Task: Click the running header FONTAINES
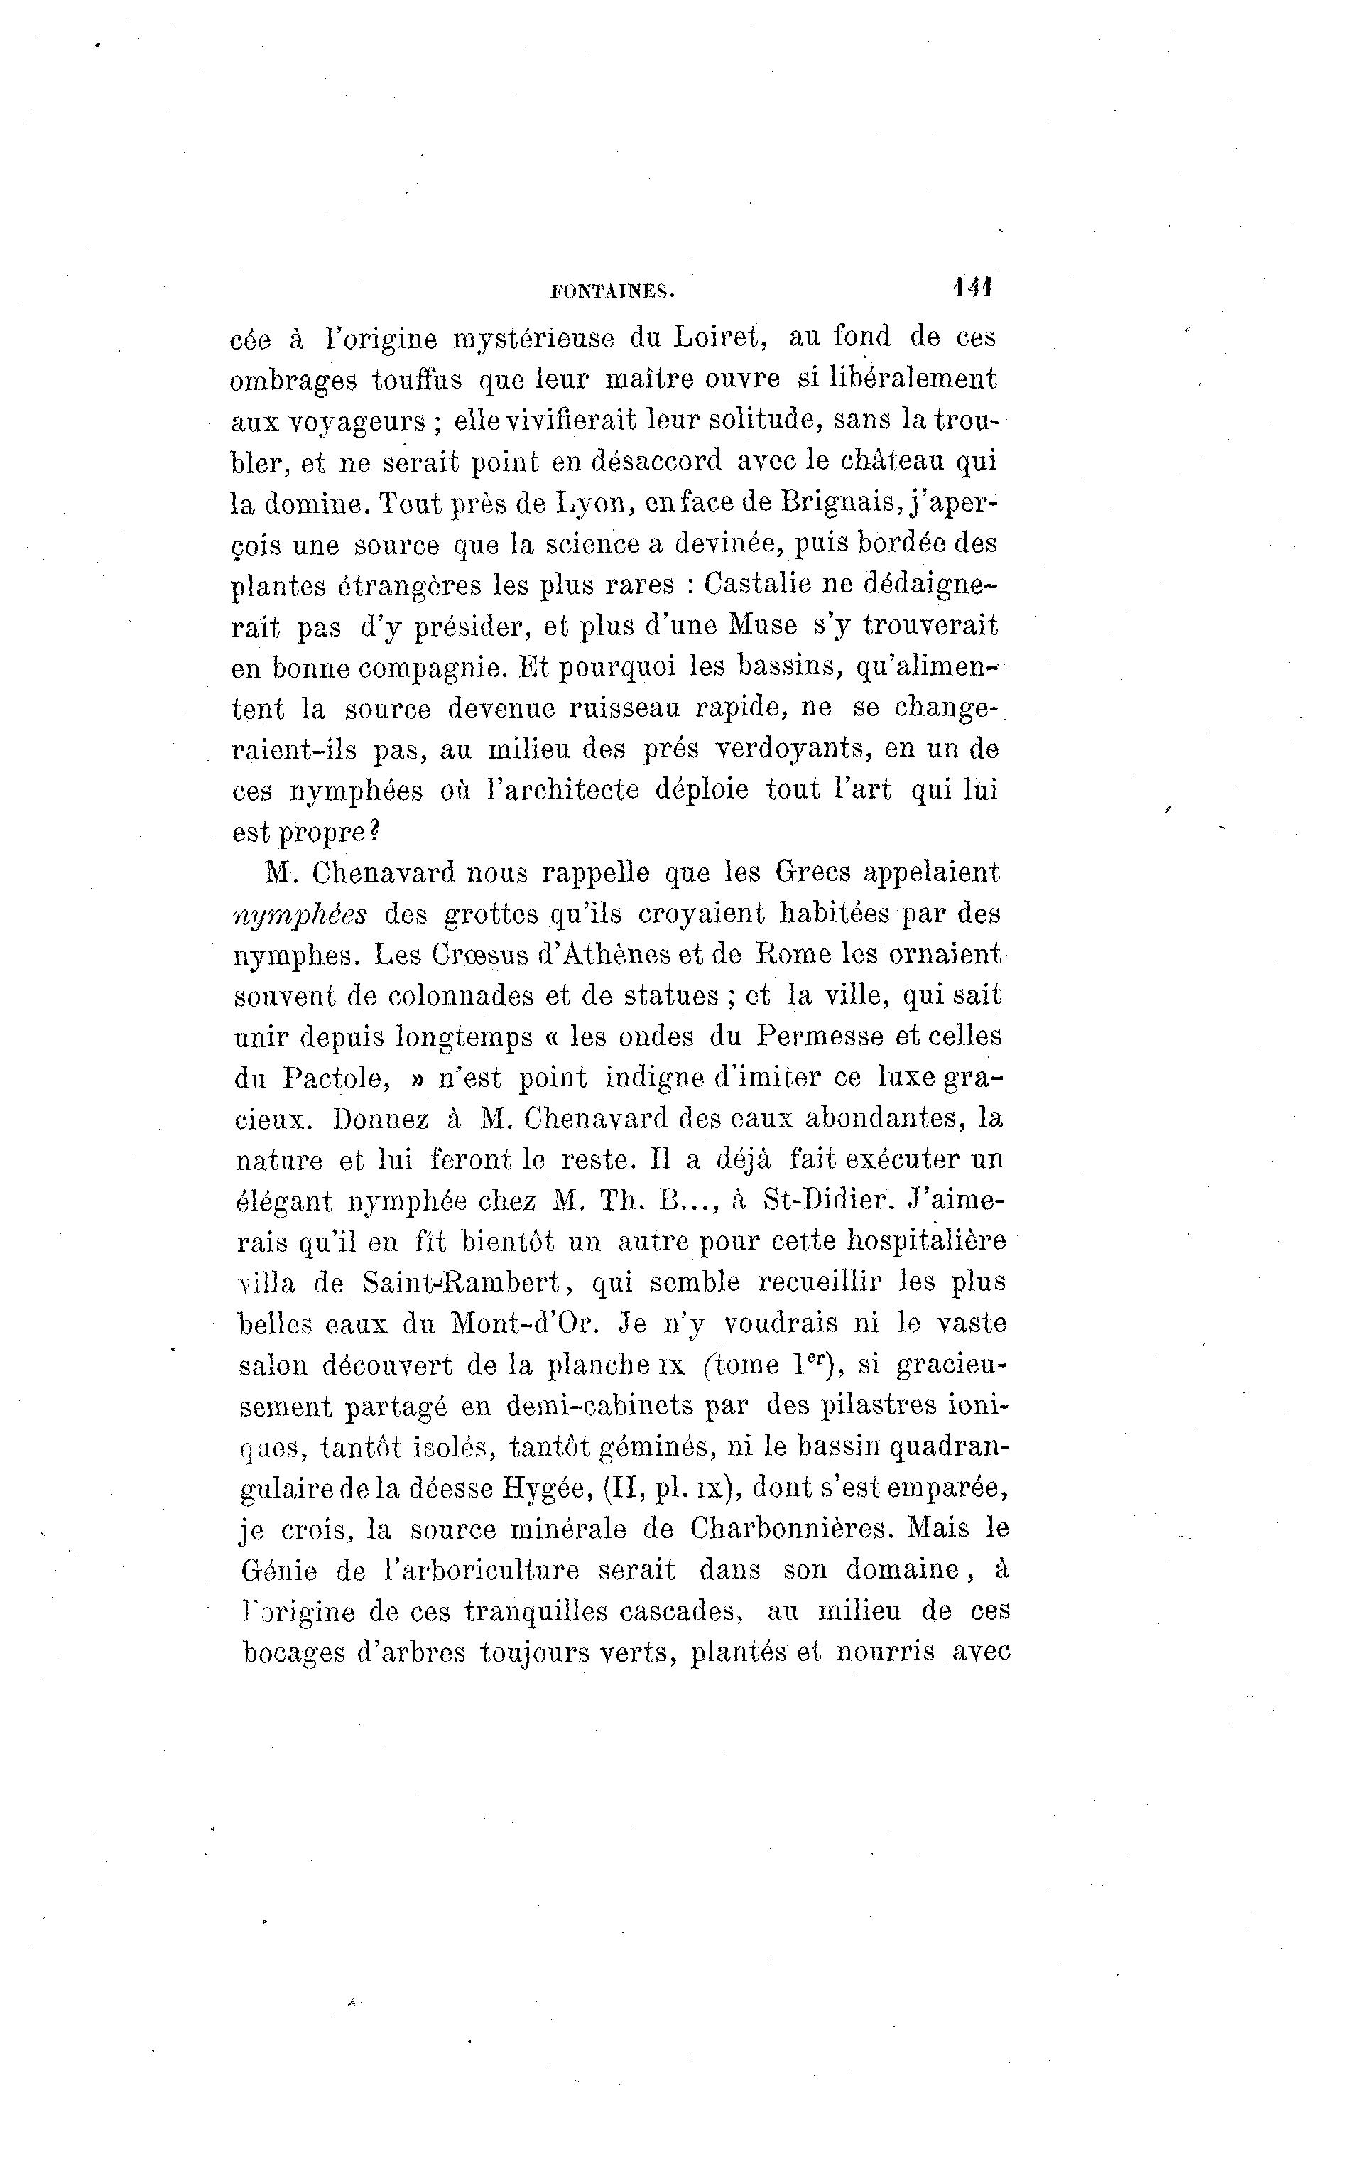tap(614, 290)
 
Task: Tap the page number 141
tap(972, 287)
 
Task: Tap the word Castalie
tap(757, 584)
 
